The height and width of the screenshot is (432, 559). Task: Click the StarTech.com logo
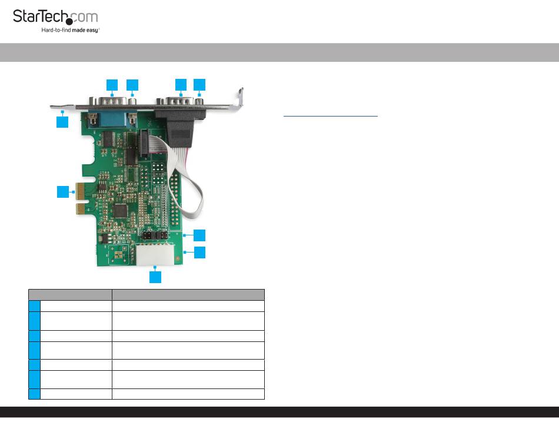(x=55, y=18)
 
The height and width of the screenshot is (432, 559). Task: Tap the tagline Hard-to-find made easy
(x=71, y=29)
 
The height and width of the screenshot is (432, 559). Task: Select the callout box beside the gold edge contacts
(x=63, y=192)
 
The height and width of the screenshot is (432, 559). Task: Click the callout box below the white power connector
(x=155, y=277)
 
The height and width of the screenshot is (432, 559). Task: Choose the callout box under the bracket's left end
(x=62, y=122)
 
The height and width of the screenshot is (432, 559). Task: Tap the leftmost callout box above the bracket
(x=112, y=84)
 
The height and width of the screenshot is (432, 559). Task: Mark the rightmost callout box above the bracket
(x=199, y=84)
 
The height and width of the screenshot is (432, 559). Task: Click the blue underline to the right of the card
(x=330, y=116)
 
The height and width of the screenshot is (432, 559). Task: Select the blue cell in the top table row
(x=34, y=306)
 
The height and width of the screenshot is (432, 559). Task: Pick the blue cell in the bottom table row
(x=34, y=394)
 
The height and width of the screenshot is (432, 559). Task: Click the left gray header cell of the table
(x=70, y=294)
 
